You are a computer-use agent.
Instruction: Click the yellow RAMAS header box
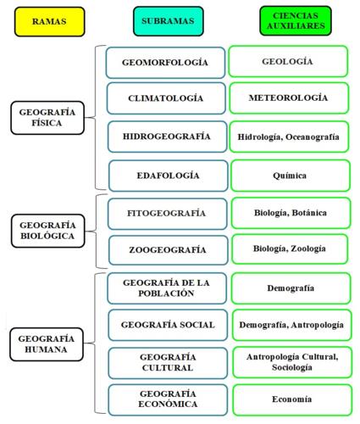click(49, 22)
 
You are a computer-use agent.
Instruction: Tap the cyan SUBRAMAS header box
click(169, 21)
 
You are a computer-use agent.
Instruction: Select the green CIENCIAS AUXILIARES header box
click(296, 21)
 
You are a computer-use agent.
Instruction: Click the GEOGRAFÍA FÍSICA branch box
click(47, 118)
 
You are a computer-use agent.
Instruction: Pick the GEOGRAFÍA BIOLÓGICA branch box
click(47, 231)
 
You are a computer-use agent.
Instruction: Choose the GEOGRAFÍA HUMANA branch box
click(47, 344)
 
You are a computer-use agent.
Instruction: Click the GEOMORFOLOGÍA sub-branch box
click(165, 63)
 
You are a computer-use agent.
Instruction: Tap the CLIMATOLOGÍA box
click(166, 98)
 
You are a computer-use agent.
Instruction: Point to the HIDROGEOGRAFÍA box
click(167, 137)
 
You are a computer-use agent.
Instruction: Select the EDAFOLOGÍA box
click(169, 176)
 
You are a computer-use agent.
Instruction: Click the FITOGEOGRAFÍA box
click(167, 214)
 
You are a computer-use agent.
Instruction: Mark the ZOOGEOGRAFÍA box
click(168, 250)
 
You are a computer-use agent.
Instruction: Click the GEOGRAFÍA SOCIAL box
click(168, 325)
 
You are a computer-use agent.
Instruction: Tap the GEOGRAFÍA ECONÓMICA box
click(168, 399)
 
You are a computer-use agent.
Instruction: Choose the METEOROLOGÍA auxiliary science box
click(289, 98)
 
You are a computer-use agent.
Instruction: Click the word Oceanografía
click(313, 137)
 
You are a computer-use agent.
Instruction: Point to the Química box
click(291, 176)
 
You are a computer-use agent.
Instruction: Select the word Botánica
click(309, 213)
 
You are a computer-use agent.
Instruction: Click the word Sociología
click(292, 368)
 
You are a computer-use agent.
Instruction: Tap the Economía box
click(292, 399)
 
